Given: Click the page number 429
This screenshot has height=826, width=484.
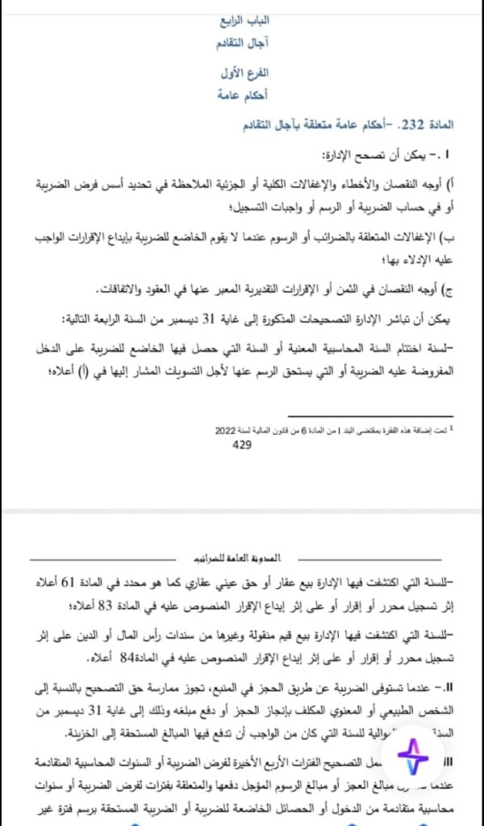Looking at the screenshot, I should point(243,444).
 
